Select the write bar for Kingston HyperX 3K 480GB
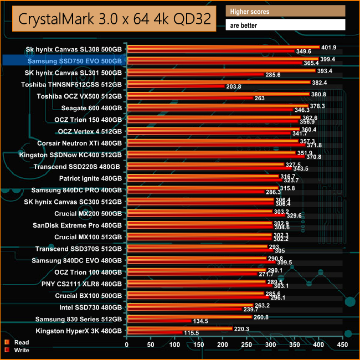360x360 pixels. (155, 332)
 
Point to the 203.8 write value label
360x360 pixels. (233, 86)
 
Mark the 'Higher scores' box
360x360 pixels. (286, 11)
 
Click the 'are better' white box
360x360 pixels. (286, 25)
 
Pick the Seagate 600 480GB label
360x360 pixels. (92, 107)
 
